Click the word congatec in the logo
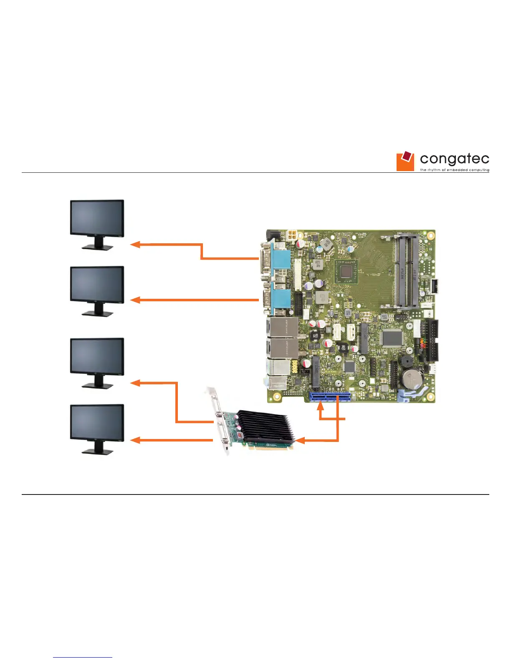[454, 159]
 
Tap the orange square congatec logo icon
[405, 161]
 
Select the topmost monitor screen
[97, 219]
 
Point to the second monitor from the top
[97, 285]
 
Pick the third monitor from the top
[97, 357]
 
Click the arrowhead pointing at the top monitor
[134, 245]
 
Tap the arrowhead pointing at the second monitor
[134, 300]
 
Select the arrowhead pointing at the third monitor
[134, 383]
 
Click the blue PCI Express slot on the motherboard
[329, 396]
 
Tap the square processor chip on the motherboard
[346, 271]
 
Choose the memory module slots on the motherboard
[406, 271]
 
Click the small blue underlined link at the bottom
[83, 657]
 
